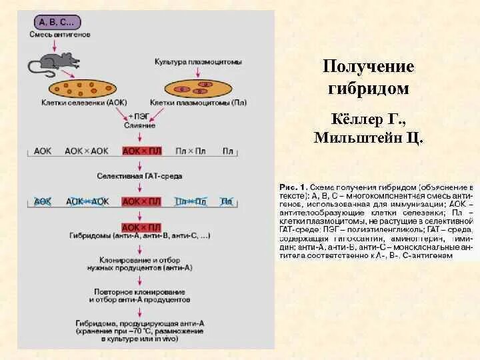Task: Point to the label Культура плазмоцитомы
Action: click(x=198, y=62)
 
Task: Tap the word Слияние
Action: click(x=139, y=125)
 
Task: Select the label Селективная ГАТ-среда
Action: click(x=139, y=176)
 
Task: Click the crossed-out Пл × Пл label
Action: click(x=190, y=201)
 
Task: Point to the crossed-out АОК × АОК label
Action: click(x=87, y=201)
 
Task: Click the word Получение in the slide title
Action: click(x=368, y=67)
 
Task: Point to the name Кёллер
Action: click(x=355, y=119)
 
